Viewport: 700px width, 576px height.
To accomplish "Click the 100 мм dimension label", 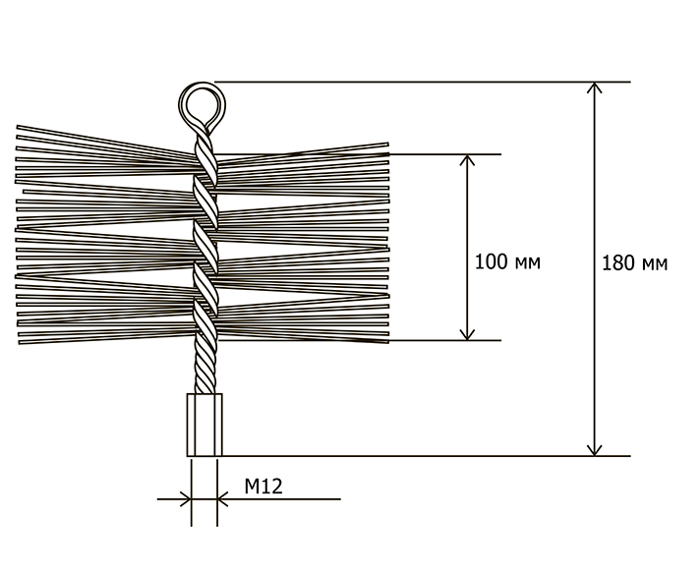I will (x=507, y=262).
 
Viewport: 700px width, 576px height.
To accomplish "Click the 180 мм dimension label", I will (x=633, y=263).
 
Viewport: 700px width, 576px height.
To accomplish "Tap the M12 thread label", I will (x=263, y=487).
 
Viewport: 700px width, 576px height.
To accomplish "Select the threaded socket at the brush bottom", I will (x=204, y=425).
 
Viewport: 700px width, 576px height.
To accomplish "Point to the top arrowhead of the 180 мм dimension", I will (x=594, y=88).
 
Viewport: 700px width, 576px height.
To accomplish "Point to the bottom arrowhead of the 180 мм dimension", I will (x=594, y=449).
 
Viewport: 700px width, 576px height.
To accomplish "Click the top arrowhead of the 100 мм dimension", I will (x=468, y=160).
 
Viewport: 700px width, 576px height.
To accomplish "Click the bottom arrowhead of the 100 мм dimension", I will (x=468, y=334).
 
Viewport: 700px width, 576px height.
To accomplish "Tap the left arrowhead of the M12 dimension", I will (x=185, y=499).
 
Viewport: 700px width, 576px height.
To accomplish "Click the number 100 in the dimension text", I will (x=491, y=262).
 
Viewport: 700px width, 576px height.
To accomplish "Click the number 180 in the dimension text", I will (x=616, y=263).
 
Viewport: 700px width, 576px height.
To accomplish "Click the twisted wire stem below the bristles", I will (x=204, y=369).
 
